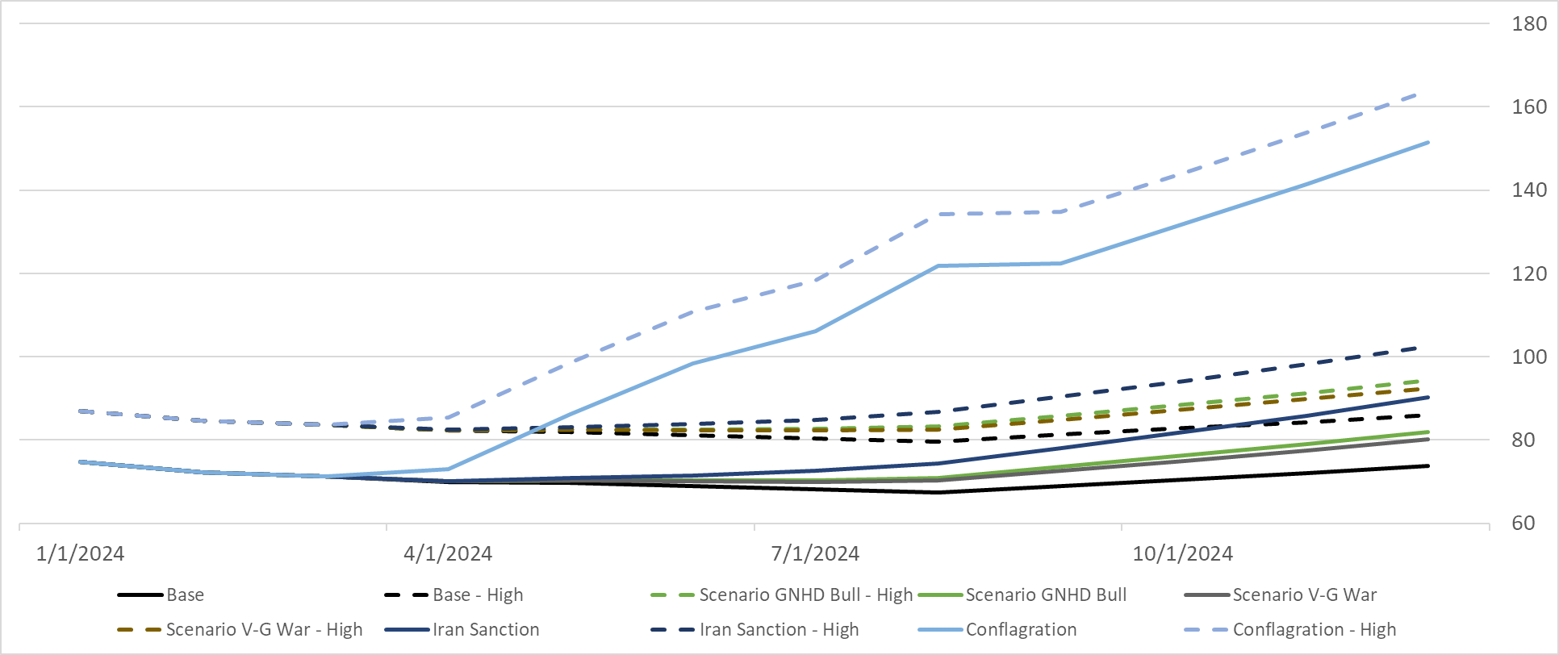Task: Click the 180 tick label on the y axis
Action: click(x=1528, y=23)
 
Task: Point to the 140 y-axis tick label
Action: click(x=1528, y=190)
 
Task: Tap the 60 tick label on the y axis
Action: click(x=1523, y=524)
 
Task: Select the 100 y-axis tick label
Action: click(x=1528, y=357)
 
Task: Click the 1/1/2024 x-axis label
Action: click(x=80, y=553)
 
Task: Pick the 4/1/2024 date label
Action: click(x=448, y=553)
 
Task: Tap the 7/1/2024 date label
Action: click(x=815, y=553)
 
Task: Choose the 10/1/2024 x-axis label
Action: click(x=1182, y=553)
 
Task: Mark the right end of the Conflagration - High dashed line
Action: click(x=1427, y=92)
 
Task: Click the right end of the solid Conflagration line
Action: click(x=1428, y=143)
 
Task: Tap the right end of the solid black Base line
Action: click(x=1428, y=466)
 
